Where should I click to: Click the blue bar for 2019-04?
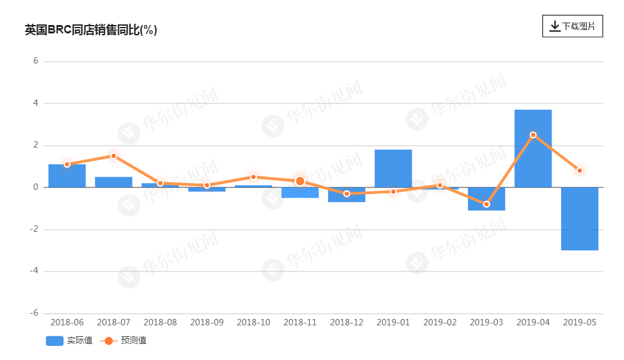[x=533, y=148]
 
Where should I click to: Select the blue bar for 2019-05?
[x=580, y=219]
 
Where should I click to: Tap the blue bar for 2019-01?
[x=393, y=168]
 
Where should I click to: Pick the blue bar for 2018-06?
[x=67, y=176]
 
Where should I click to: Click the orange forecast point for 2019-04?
[x=533, y=135]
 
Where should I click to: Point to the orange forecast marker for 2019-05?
[x=580, y=171]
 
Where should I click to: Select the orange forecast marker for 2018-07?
[x=114, y=156]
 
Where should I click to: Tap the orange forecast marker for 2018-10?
[x=254, y=177]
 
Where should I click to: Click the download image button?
[x=572, y=26]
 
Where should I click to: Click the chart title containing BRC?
[x=91, y=30]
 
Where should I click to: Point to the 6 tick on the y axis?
[x=36, y=61]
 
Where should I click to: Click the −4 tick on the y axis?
[x=35, y=271]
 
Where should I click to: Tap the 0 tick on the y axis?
[x=36, y=187]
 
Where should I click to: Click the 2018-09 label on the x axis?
[x=207, y=322]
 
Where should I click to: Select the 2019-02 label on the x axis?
[x=440, y=322]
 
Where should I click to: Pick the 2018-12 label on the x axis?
[x=347, y=322]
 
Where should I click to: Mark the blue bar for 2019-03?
[x=486, y=199]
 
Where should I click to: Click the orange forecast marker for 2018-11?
[x=300, y=182]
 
